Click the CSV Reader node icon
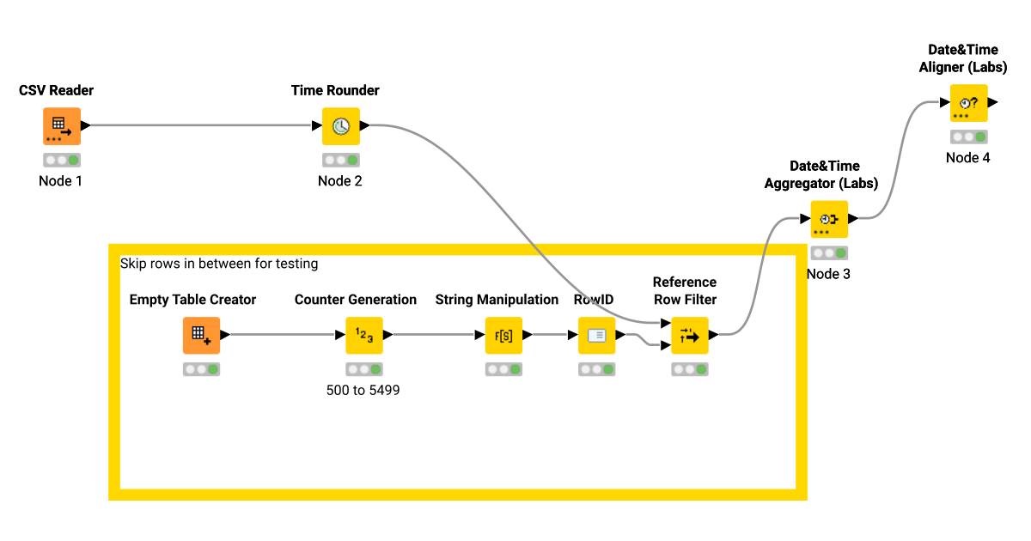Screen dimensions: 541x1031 point(61,126)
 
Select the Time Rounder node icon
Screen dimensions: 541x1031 point(340,126)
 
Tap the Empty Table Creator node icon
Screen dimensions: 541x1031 point(201,336)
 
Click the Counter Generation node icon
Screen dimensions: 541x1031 point(363,336)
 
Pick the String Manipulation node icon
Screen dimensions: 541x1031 point(503,336)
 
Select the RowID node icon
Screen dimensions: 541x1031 point(596,336)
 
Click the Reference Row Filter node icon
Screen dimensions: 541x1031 point(690,336)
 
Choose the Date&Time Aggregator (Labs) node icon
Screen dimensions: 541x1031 point(829,219)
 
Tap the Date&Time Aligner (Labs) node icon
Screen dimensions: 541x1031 point(968,103)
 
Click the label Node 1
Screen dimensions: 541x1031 point(61,180)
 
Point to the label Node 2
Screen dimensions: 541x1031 point(340,180)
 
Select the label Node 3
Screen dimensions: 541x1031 point(829,274)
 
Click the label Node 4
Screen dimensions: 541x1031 point(968,157)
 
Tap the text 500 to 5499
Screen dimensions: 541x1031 point(363,390)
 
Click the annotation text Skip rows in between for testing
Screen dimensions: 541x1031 point(219,264)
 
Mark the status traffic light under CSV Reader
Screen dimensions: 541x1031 point(61,160)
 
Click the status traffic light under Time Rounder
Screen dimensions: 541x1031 point(340,160)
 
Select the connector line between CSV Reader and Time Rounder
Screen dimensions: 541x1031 point(202,126)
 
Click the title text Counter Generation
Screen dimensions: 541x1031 point(356,300)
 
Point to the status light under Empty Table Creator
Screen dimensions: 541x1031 point(201,369)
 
